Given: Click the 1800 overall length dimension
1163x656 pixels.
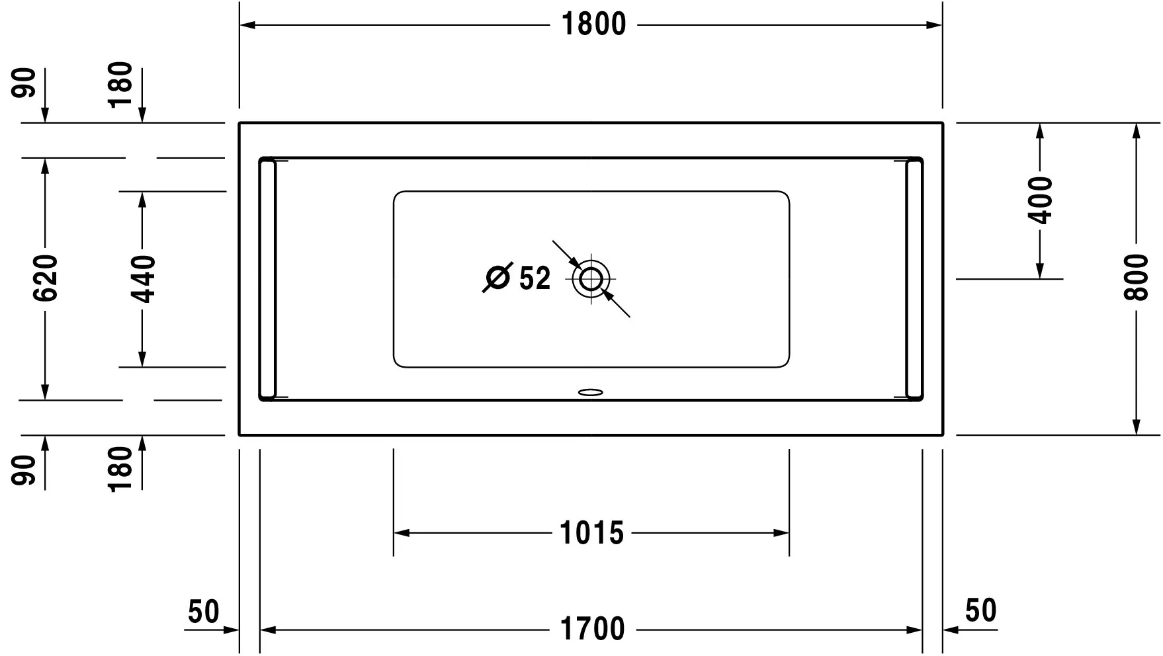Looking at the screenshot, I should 593,24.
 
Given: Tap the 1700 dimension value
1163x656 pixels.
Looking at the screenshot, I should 592,629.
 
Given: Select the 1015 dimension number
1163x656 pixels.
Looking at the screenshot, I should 591,532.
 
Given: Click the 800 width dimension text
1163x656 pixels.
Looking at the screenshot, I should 1136,278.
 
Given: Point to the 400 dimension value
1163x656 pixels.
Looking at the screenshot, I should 1040,200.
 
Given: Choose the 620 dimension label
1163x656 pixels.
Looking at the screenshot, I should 46,278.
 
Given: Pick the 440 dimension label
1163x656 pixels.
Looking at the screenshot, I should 142,279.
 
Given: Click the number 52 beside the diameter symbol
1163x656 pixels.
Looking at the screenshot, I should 535,278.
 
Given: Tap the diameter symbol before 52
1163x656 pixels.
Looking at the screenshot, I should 497,277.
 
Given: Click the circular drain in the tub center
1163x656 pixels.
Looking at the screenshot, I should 591,279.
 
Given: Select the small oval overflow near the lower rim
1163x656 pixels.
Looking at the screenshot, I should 591,392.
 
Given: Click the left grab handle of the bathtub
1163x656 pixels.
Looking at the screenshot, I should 267,279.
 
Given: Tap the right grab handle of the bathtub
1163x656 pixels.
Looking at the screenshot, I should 914,279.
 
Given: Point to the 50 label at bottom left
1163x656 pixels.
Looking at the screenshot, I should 203,612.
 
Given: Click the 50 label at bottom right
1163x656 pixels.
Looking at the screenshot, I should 980,610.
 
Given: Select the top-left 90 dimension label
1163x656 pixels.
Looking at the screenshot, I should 25,83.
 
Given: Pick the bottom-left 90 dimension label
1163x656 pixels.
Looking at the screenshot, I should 25,470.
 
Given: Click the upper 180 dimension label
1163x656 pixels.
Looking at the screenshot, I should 121,85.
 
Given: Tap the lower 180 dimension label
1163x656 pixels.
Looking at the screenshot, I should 121,469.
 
